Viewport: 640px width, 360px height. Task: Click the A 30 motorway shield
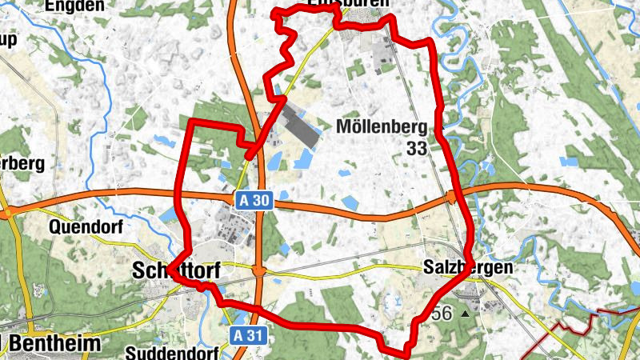[255, 201]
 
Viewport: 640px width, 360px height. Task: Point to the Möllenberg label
[382, 126]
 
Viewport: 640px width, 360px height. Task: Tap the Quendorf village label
[86, 227]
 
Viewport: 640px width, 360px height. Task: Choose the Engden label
[74, 6]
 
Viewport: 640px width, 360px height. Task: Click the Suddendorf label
[170, 351]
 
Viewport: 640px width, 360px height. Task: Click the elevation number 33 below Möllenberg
[416, 148]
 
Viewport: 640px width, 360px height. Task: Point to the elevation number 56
[441, 314]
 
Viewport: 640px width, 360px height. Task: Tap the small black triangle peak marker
[464, 314]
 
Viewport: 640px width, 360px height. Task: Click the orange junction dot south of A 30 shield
[258, 272]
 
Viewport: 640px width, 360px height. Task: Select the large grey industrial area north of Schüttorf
[296, 128]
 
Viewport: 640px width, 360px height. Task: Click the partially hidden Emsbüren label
[336, 5]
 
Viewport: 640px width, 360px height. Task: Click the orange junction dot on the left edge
[6, 213]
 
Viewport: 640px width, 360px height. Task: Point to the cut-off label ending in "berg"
[22, 162]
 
